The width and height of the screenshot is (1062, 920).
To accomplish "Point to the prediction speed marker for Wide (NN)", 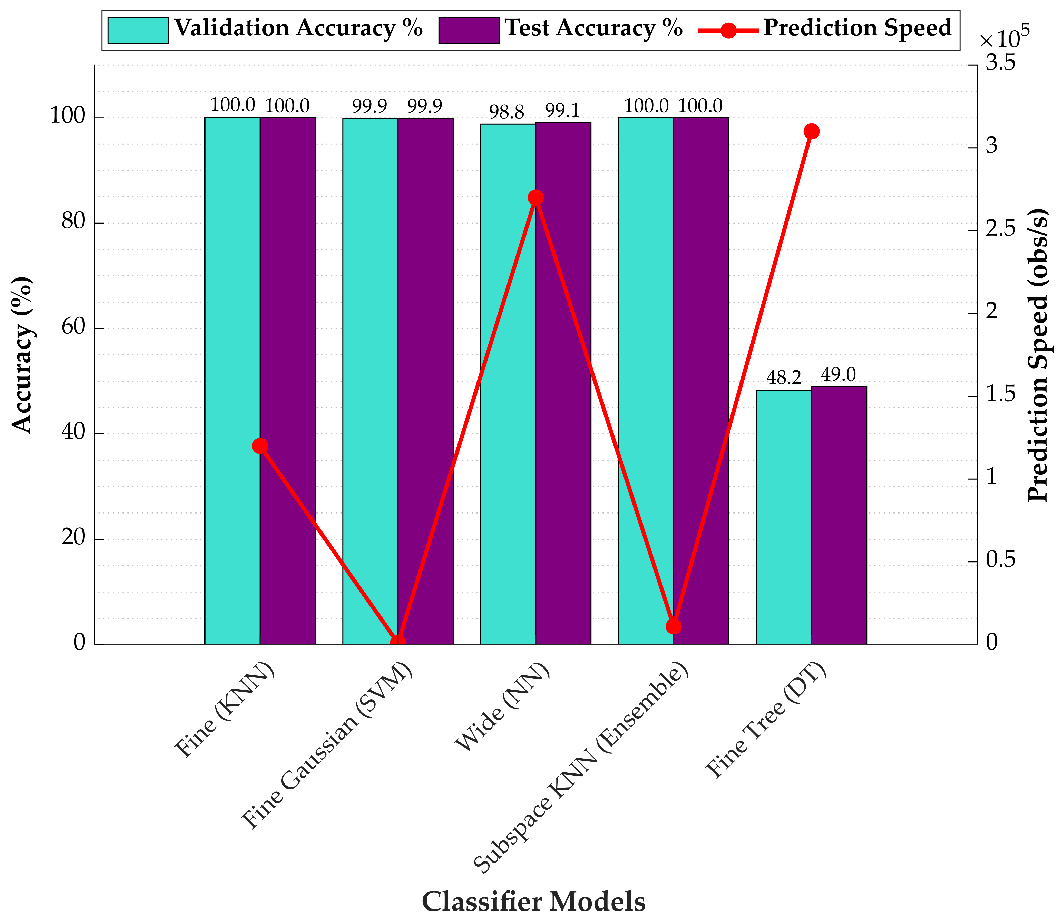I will coord(535,198).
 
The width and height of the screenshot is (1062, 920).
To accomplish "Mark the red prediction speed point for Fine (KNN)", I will coord(260,446).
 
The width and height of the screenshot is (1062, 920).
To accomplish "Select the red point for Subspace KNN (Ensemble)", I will coord(674,626).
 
